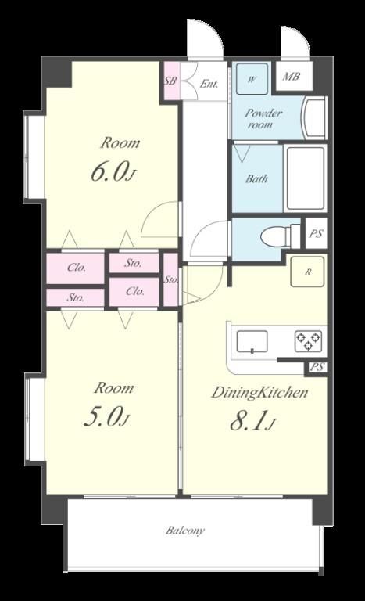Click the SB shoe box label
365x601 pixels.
[x=170, y=81]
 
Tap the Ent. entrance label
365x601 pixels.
[x=209, y=84]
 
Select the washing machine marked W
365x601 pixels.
[x=252, y=78]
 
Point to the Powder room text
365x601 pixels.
[x=263, y=118]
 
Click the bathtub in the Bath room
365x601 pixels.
[x=306, y=178]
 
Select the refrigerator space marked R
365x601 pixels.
[x=307, y=272]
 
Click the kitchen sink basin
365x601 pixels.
[x=252, y=341]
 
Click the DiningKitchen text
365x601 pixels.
[x=260, y=393]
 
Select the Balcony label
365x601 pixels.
[x=185, y=531]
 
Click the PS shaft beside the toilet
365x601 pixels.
[x=317, y=233]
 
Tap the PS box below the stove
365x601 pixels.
[x=317, y=368]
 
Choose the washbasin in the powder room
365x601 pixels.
[x=315, y=118]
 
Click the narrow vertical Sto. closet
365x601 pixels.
[x=171, y=279]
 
